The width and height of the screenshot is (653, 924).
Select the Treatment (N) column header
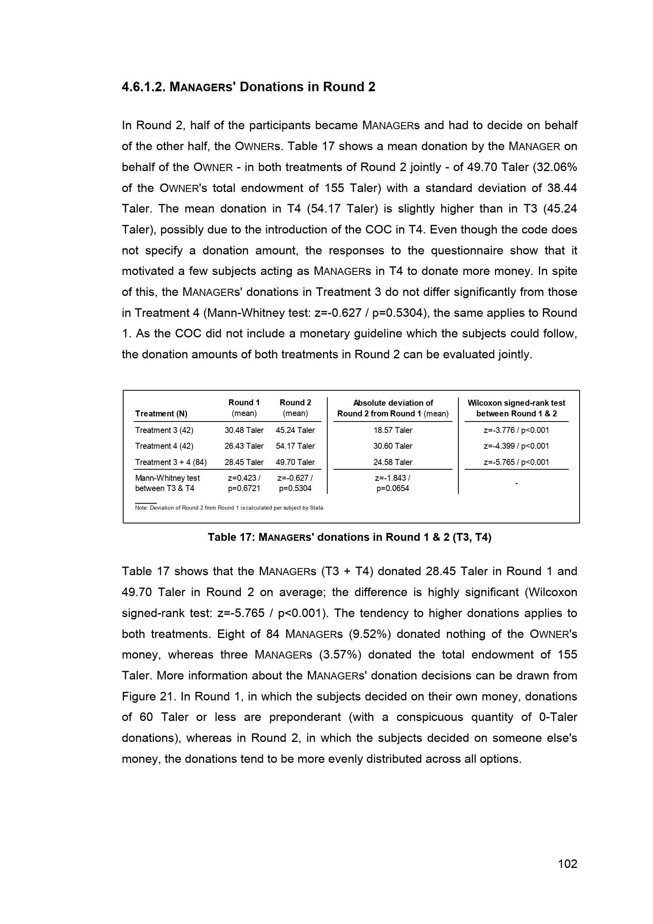point(161,414)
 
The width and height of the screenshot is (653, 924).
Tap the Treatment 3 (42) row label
point(164,430)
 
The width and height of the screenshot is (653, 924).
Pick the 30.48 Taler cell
point(244,430)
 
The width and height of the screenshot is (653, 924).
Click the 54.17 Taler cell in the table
point(295,446)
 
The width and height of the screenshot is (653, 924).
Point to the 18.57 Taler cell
point(392,430)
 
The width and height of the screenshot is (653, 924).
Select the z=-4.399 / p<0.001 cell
point(516,446)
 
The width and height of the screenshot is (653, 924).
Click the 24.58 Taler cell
point(392,462)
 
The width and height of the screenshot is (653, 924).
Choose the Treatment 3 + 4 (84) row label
point(171,462)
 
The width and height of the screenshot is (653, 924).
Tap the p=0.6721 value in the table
point(244,489)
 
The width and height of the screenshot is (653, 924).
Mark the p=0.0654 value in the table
point(392,489)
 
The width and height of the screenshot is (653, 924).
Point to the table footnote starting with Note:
point(229,508)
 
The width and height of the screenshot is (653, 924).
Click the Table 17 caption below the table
point(349,537)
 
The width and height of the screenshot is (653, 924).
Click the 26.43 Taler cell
point(244,446)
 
